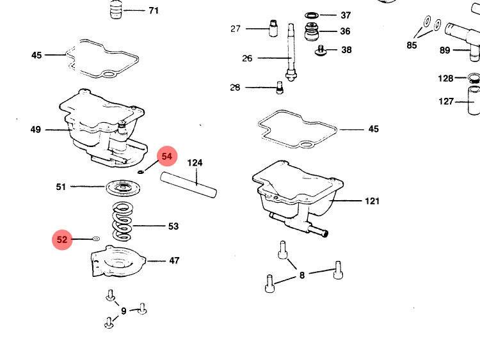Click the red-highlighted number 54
tap(167, 156)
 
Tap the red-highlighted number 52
tap(62, 240)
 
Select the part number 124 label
tap(195, 163)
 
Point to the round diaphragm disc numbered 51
tap(124, 189)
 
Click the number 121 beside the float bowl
tap(372, 201)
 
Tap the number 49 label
tap(36, 130)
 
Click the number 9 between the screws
tap(124, 311)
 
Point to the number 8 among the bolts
tap(302, 275)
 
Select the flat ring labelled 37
tap(312, 15)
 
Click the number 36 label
tap(346, 31)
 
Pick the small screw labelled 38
tap(321, 49)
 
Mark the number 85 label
tap(412, 45)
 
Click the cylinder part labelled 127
tap(474, 102)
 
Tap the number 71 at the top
tap(154, 11)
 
